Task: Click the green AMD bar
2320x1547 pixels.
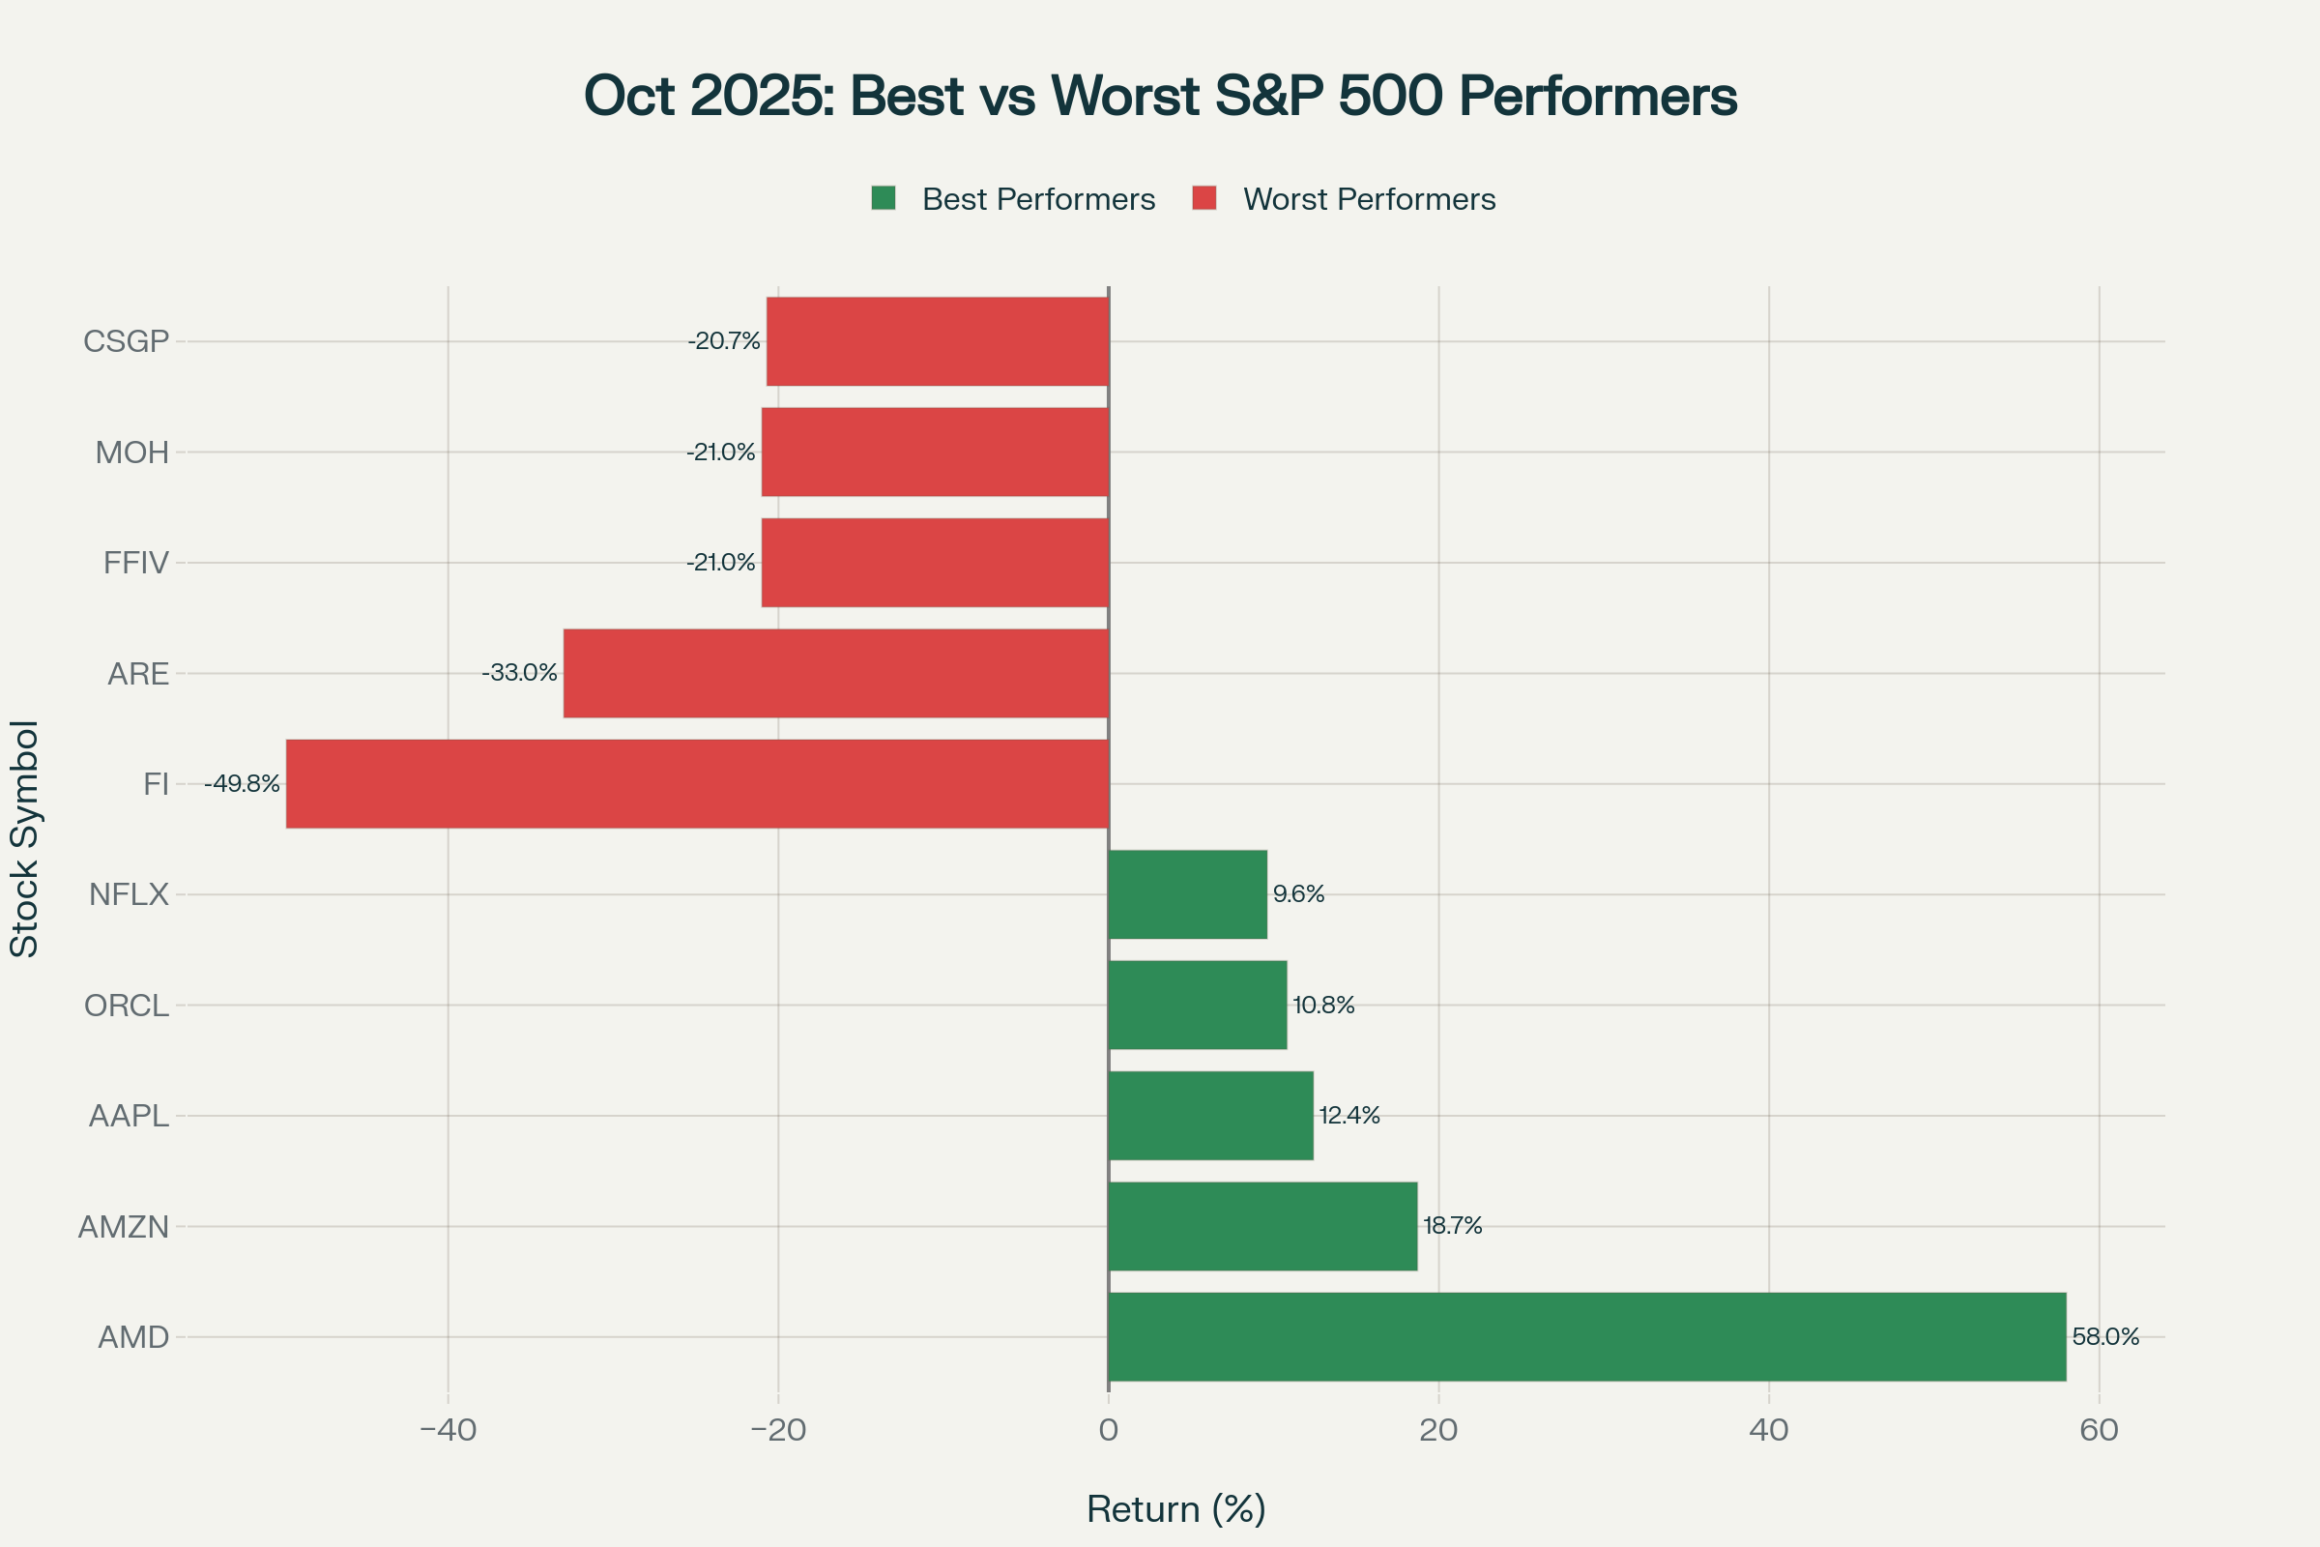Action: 1587,1337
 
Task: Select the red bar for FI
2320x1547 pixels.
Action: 697,783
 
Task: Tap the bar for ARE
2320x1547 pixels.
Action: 835,673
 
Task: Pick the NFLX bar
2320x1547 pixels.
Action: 1188,893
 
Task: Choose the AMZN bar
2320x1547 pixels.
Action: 1262,1226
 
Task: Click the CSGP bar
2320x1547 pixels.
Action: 937,341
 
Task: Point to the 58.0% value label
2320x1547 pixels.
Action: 2106,1337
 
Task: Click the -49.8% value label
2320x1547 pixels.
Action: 242,783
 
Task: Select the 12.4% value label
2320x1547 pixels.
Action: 1349,1115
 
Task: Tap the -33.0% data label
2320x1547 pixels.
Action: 519,673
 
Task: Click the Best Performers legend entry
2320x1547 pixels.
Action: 1014,199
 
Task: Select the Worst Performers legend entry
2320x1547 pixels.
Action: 1345,199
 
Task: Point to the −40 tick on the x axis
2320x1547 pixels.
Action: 448,1430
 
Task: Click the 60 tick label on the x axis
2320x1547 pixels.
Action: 2099,1430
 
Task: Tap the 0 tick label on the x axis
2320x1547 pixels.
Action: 1109,1430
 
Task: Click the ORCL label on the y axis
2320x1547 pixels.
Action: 127,1006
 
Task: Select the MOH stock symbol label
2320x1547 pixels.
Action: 132,452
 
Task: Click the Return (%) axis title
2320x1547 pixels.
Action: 1175,1509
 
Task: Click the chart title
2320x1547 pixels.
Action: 1160,96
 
